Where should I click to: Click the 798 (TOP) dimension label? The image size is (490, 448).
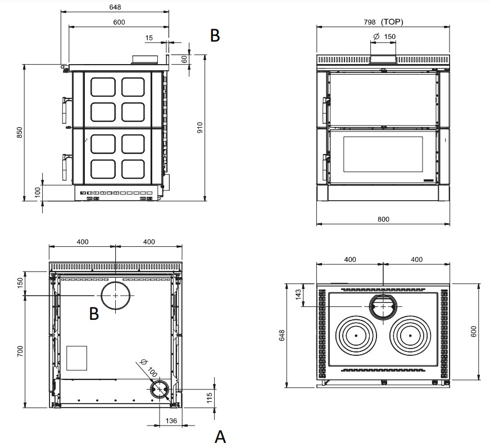[383, 22]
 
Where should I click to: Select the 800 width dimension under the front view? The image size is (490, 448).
[383, 219]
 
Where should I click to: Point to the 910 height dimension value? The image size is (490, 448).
[199, 128]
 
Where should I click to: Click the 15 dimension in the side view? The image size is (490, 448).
[148, 38]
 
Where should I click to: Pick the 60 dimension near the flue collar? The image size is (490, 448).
[184, 58]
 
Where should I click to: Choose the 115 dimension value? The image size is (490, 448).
[208, 396]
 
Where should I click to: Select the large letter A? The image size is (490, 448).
[220, 436]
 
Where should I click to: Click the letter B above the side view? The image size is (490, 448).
[215, 35]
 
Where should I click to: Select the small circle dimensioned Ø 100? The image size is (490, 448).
[161, 389]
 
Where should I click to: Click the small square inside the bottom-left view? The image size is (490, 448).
[77, 358]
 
